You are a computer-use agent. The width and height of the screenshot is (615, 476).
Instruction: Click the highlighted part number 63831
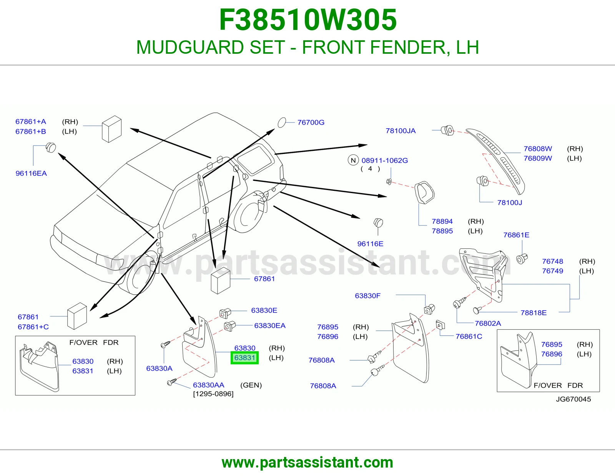[244, 357]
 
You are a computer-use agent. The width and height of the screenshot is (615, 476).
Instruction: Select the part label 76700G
[311, 122]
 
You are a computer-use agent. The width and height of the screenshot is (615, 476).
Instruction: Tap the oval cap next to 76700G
[282, 122]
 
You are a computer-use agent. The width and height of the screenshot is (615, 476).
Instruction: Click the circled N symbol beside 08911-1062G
[353, 160]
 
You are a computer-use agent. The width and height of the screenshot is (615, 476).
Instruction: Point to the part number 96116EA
[31, 173]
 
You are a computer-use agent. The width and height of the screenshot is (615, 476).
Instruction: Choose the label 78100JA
[401, 131]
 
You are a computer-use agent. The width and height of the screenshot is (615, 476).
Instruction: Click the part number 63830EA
[270, 326]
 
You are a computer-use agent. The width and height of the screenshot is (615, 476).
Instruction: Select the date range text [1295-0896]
[213, 394]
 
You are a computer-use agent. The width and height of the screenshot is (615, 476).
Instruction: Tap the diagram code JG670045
[573, 399]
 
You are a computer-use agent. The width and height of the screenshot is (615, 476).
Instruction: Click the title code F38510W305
[308, 20]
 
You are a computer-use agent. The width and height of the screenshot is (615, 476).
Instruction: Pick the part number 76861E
[516, 235]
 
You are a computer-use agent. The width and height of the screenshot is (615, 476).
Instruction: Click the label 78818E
[534, 312]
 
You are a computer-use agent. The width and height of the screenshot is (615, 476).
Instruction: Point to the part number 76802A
[488, 323]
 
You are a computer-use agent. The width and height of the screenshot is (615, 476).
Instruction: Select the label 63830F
[367, 296]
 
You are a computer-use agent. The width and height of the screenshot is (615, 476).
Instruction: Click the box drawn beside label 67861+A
[111, 129]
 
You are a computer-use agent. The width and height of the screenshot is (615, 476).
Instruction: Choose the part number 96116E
[370, 244]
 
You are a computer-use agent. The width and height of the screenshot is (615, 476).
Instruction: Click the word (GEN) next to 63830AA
[251, 385]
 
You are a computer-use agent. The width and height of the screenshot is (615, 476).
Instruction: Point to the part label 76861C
[469, 336]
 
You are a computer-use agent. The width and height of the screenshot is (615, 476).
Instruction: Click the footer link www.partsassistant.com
[307, 463]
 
